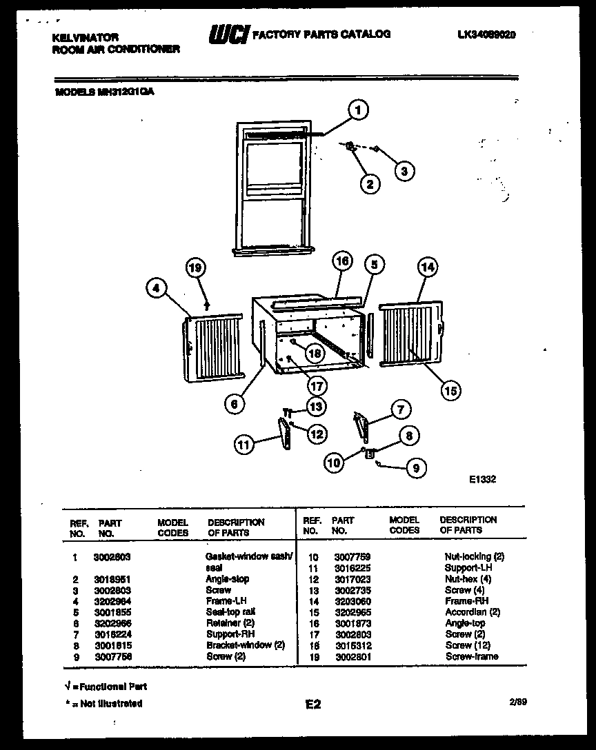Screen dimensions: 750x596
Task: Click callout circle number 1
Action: point(357,110)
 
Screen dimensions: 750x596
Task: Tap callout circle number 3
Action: point(404,170)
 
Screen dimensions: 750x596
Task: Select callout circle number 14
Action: point(428,267)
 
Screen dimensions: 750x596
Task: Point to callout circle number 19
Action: point(196,267)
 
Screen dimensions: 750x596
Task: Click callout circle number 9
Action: point(415,468)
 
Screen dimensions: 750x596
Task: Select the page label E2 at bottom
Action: point(312,705)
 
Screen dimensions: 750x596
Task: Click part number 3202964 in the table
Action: point(112,601)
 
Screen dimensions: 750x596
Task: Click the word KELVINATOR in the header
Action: point(86,37)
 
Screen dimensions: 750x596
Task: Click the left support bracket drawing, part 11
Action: point(284,434)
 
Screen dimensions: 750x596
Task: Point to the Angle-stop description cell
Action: point(228,579)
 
